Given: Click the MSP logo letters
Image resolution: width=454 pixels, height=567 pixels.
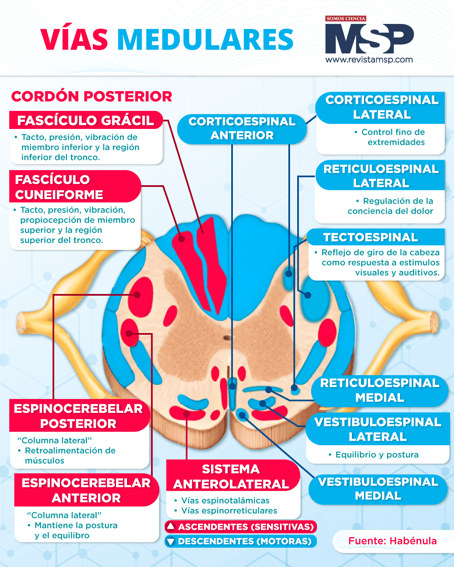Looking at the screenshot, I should click(x=369, y=39).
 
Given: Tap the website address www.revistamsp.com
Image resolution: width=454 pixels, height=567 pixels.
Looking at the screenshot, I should click(x=369, y=60).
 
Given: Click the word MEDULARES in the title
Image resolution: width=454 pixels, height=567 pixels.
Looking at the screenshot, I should click(x=205, y=40).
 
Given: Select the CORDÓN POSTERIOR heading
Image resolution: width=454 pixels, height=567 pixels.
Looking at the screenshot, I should click(x=92, y=97).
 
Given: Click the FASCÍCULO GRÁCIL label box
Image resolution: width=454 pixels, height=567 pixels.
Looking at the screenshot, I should click(x=85, y=121).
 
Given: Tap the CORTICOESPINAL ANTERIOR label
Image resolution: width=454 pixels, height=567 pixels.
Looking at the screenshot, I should click(x=242, y=129).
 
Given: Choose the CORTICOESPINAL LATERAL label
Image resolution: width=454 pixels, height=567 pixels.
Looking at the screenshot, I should click(x=381, y=107).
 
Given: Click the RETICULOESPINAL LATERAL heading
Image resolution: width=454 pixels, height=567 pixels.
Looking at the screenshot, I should click(x=381, y=176).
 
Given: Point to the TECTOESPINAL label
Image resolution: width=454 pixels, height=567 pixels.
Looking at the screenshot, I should click(x=370, y=237).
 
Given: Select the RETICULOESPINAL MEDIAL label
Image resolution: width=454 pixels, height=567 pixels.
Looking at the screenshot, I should click(x=380, y=390).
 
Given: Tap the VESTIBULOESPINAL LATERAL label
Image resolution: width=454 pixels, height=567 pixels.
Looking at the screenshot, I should click(x=377, y=429).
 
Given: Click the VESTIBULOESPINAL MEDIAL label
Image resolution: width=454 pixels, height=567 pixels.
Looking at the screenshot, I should click(x=378, y=489).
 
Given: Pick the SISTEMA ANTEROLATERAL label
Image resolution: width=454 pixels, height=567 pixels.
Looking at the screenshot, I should click(x=231, y=477).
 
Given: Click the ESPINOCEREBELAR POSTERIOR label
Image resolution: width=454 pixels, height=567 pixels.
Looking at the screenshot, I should click(x=78, y=416).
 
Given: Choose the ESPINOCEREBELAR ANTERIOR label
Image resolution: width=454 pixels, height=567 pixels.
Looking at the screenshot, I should click(x=86, y=490).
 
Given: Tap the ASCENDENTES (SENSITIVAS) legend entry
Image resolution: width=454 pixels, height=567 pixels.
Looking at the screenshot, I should click(x=241, y=527).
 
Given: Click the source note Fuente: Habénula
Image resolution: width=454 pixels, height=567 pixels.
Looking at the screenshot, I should click(x=392, y=541).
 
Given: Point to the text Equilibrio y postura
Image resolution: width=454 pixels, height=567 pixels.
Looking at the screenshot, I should click(x=377, y=455).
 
